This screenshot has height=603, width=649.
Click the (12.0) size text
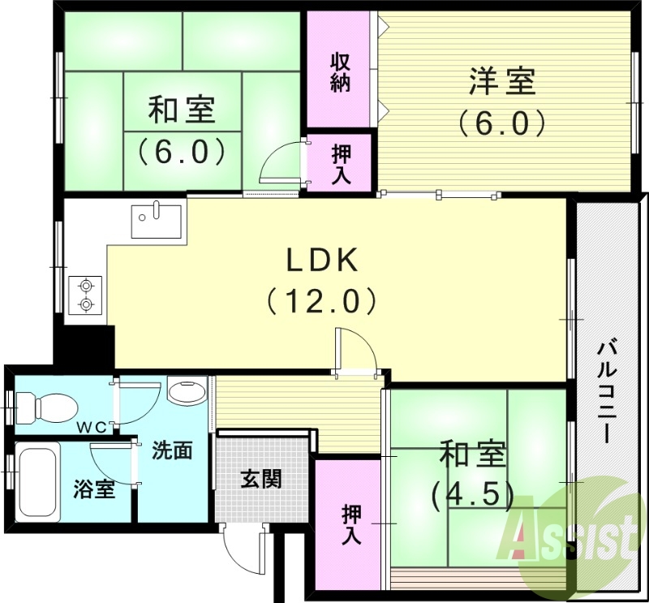pyautogui.click(x=321, y=301)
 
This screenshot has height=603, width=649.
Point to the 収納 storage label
pyautogui.click(x=340, y=71)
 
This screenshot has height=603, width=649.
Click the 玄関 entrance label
pyautogui.click(x=260, y=479)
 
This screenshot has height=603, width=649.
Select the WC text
pyautogui.click(x=90, y=428)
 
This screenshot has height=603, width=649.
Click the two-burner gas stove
pyautogui.click(x=84, y=295)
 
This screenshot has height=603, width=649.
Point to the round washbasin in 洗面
pyautogui.click(x=187, y=394)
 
